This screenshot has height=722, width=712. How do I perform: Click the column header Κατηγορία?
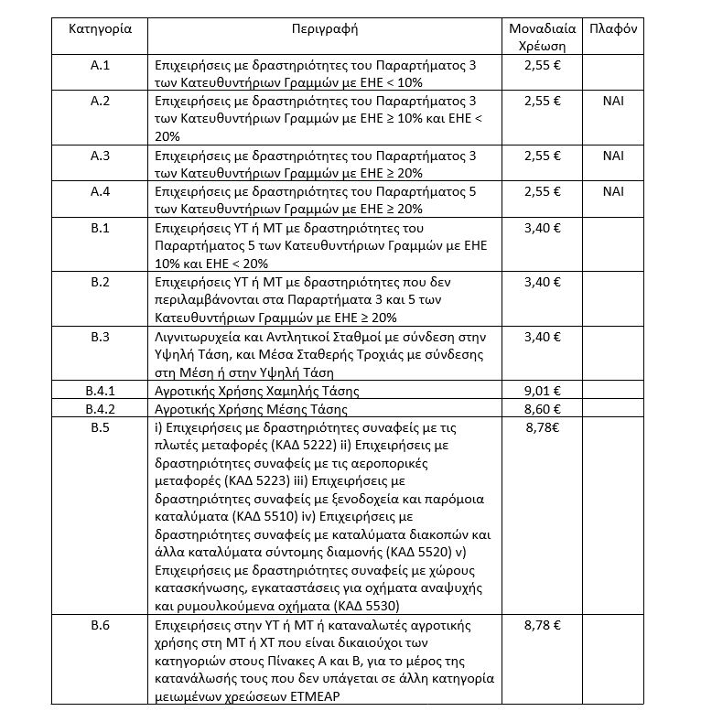click(101, 28)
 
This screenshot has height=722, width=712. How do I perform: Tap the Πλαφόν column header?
click(613, 28)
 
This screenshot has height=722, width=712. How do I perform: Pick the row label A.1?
click(101, 66)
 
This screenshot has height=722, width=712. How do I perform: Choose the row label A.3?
click(101, 156)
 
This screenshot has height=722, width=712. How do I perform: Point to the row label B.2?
click(101, 282)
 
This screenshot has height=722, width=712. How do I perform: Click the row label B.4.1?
click(101, 390)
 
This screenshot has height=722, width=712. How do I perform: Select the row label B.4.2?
click(101, 408)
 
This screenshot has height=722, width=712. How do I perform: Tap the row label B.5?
click(101, 426)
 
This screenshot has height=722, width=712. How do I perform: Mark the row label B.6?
click(101, 625)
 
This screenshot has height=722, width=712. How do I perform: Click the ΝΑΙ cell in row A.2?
click(613, 102)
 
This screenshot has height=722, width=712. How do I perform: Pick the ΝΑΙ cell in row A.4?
click(613, 191)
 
